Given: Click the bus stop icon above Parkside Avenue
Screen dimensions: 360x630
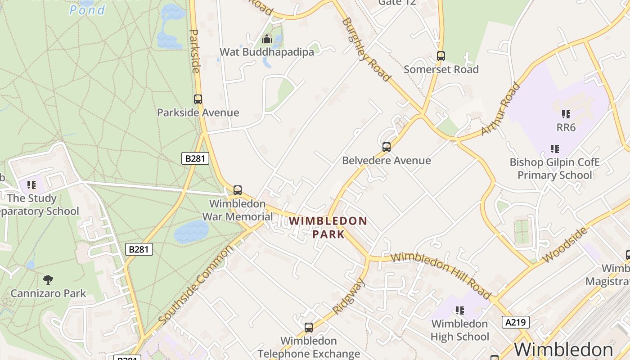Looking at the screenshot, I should point(198,99).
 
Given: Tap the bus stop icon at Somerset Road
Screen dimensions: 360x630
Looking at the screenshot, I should point(441,56).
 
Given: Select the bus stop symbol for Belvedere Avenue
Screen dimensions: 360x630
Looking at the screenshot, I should point(386,147).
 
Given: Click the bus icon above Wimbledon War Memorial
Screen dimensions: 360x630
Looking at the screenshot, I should point(237,190).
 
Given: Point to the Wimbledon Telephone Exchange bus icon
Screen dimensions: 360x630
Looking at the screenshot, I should point(309,328).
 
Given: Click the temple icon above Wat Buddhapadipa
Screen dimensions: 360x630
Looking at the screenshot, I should point(267,39).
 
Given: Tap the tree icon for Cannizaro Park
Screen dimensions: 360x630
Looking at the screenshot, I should point(48,280).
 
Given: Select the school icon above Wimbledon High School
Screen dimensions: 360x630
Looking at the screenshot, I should point(459,310).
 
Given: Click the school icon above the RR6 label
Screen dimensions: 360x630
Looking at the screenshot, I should point(566,114).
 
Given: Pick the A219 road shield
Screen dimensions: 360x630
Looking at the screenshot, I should point(515,322).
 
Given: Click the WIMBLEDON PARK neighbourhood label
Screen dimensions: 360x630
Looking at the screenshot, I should point(328,227).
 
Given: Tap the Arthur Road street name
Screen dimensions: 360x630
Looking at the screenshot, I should point(500,109).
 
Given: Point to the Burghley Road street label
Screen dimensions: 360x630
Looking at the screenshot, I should point(366,49).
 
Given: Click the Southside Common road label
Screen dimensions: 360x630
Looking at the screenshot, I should point(196,285).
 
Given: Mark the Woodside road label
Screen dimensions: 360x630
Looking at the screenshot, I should point(565,245).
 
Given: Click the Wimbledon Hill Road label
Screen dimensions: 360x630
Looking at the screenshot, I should point(441,275).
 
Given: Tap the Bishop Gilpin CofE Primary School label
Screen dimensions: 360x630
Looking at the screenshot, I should point(554,168).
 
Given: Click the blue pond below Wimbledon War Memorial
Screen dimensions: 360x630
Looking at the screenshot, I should point(191,232).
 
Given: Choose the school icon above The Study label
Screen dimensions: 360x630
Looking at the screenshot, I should point(31,185).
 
